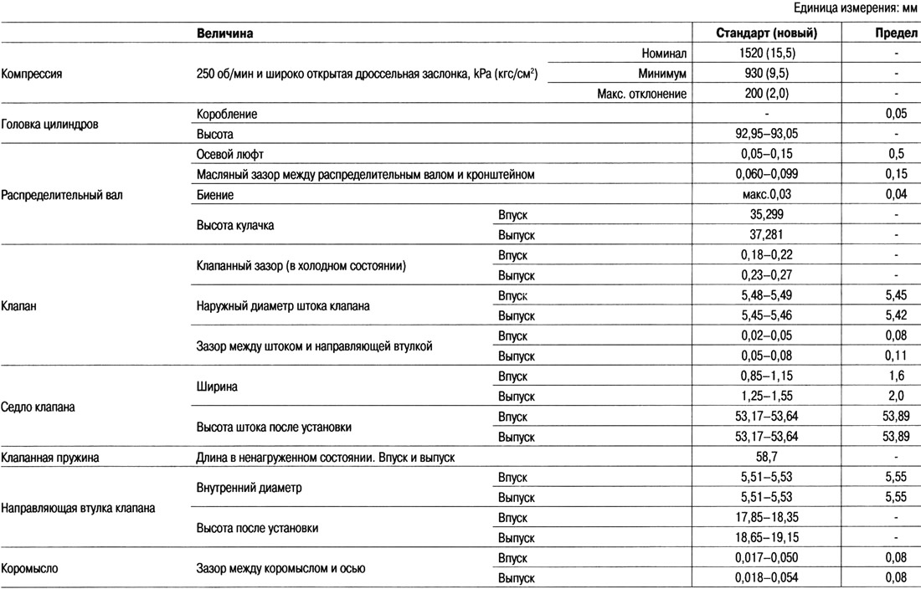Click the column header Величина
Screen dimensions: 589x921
point(225,33)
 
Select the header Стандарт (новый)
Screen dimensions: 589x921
point(767,33)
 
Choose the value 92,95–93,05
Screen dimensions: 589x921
point(767,134)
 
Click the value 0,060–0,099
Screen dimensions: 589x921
point(767,174)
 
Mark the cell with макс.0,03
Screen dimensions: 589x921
point(767,194)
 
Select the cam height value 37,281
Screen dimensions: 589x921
point(767,234)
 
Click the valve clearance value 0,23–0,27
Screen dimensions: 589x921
point(767,274)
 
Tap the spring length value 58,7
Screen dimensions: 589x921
point(767,458)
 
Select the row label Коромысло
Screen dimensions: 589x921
point(29,569)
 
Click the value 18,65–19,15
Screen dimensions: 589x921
point(767,539)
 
